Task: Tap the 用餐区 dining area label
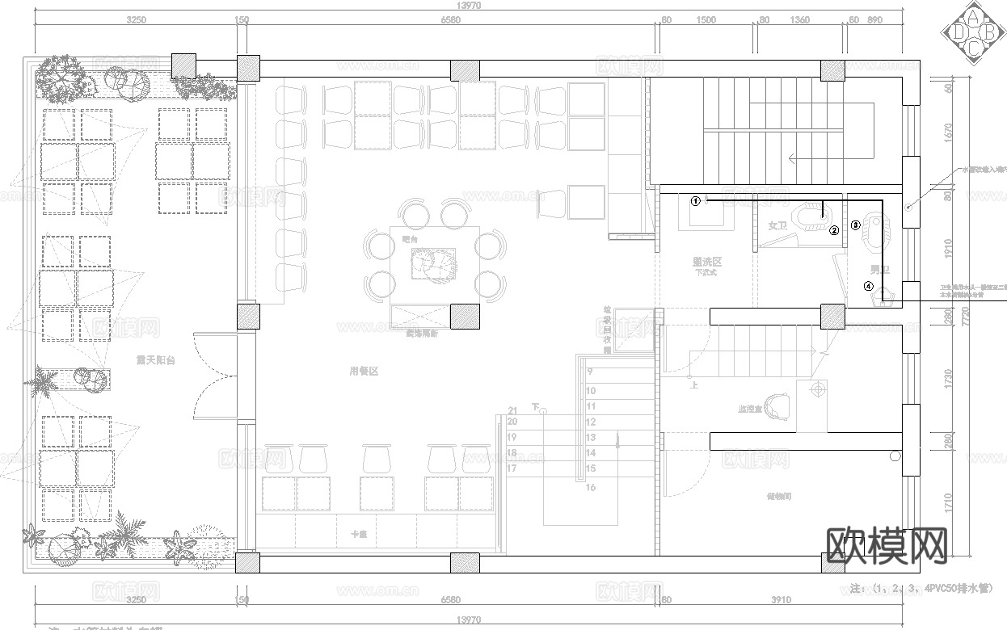(364, 372)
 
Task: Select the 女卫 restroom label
(777, 226)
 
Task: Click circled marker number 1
(695, 201)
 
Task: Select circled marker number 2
(834, 230)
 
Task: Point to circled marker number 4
(869, 285)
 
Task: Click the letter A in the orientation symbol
(973, 16)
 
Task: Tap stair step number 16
(591, 487)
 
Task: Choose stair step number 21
(512, 411)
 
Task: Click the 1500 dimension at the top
(706, 20)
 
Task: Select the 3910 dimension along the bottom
(780, 600)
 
